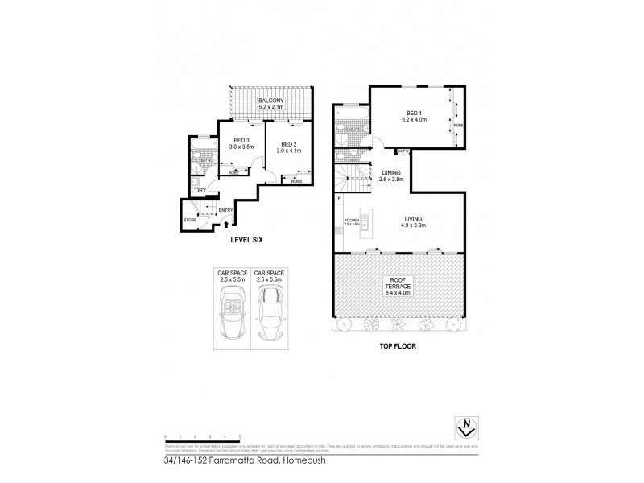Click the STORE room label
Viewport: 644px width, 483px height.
190,220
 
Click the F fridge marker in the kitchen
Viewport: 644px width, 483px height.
339,198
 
